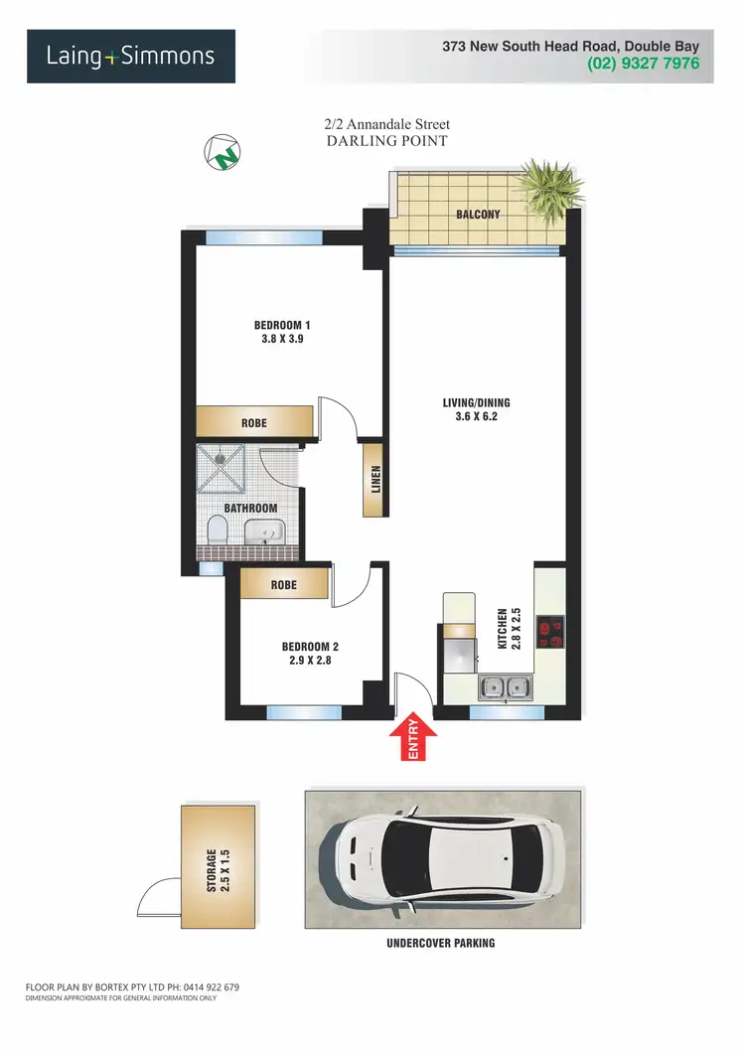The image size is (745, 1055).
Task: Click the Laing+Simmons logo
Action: [130, 56]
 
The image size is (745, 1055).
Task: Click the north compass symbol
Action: [223, 152]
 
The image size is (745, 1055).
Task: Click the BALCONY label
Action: [478, 215]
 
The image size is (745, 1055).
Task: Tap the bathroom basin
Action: [262, 531]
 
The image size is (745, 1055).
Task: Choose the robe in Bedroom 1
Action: [253, 422]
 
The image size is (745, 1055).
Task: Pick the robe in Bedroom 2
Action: [283, 585]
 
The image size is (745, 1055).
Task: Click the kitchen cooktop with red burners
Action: [549, 632]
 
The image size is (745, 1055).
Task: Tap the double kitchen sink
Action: [505, 685]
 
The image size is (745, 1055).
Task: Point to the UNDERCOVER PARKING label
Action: [441, 943]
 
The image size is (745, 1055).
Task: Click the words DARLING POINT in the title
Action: [386, 141]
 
